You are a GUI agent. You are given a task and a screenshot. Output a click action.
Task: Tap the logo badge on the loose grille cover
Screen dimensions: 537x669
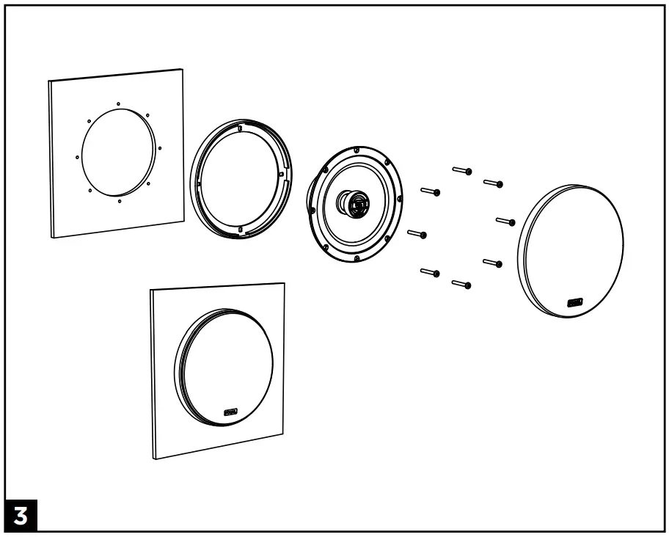[574, 301]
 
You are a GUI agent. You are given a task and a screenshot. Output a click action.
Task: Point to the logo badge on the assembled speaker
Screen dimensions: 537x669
[232, 413]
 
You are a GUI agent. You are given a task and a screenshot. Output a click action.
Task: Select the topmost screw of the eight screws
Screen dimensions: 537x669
[461, 171]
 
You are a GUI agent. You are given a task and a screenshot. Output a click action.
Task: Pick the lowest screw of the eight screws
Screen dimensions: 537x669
[461, 283]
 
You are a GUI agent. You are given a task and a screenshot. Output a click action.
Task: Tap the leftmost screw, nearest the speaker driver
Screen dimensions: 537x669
[416, 234]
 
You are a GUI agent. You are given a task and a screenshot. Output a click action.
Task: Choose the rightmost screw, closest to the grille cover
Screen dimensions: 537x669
[505, 220]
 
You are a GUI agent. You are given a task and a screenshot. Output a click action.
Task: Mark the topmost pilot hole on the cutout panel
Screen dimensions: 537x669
[118, 103]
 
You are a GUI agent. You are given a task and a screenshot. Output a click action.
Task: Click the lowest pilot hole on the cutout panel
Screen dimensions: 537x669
[120, 200]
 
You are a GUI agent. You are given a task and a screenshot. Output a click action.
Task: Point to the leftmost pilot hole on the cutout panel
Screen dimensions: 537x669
[77, 156]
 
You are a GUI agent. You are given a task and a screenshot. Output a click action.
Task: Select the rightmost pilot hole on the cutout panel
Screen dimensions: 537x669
[160, 147]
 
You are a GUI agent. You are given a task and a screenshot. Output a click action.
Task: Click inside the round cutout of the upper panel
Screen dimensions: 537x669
[117, 153]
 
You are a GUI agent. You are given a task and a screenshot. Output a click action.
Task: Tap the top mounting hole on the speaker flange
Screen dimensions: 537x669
[357, 150]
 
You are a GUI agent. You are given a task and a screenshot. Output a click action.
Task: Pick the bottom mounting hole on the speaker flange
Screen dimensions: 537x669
[356, 258]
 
